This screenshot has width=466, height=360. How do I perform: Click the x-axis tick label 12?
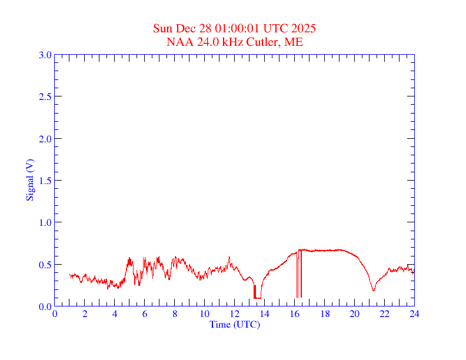pyautogui.click(x=235, y=314)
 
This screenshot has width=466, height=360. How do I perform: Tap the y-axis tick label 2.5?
pyautogui.click(x=45, y=96)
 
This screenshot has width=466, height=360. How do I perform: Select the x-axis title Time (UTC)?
pyautogui.click(x=235, y=324)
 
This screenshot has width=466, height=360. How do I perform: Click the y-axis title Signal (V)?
pyautogui.click(x=29, y=180)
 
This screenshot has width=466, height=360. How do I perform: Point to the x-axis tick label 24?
pyautogui.click(x=414, y=314)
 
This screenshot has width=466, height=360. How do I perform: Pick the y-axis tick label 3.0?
pyautogui.click(x=45, y=55)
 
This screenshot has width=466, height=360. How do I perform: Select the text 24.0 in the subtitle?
pyautogui.click(x=203, y=42)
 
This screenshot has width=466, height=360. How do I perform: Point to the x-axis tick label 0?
pyautogui.click(x=55, y=314)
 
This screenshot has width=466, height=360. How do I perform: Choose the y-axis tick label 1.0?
pyautogui.click(x=45, y=222)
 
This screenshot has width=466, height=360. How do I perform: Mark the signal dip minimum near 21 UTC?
pyautogui.click(x=374, y=291)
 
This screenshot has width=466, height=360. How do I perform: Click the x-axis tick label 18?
pyautogui.click(x=325, y=314)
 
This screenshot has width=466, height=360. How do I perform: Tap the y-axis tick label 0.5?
pyautogui.click(x=45, y=265)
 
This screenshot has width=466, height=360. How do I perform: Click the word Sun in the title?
pyautogui.click(x=162, y=28)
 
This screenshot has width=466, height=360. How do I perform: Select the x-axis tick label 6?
pyautogui.click(x=145, y=314)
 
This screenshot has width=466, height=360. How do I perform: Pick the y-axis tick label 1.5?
pyautogui.click(x=45, y=181)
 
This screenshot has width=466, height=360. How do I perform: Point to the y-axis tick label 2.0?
pyautogui.click(x=45, y=139)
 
